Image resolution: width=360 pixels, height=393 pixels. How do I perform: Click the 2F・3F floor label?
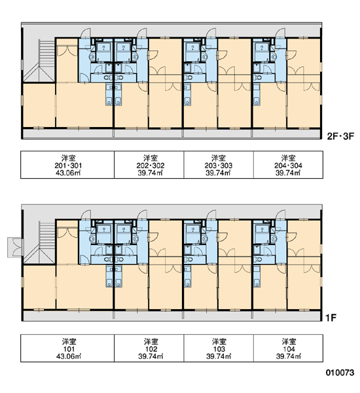340,136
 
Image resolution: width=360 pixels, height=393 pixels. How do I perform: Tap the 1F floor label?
331,318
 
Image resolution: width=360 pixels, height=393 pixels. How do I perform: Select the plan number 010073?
340,373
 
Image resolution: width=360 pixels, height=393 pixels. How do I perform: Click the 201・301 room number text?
68,166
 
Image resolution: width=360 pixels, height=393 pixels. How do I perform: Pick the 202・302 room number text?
151,166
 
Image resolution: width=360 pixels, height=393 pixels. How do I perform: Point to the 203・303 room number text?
218,166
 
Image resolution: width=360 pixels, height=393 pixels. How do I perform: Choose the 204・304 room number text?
288,166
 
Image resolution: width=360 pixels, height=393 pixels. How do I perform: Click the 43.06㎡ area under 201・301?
68,173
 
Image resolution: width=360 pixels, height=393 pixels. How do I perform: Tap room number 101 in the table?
69,349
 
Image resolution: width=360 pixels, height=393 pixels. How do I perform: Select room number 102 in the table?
151,349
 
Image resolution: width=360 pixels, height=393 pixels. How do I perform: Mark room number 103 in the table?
219,349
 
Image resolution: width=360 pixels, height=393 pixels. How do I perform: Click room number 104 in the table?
289,349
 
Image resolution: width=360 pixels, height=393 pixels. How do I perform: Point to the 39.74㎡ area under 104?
289,356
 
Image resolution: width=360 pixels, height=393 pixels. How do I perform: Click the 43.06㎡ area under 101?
69,356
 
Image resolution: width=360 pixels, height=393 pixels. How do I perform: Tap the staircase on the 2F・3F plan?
39,61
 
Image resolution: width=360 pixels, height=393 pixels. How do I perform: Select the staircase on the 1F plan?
39,242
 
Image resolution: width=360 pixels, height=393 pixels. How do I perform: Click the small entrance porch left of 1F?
15,248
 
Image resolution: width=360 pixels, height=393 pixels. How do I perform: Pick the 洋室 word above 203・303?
218,158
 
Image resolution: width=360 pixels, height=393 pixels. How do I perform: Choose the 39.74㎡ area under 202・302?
151,173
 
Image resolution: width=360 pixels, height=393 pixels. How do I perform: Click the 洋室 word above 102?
151,342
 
